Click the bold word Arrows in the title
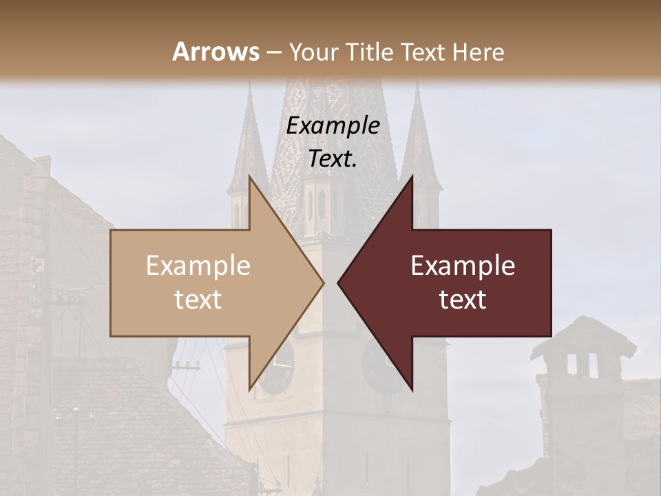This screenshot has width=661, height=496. tap(215, 52)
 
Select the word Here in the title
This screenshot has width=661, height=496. tap(479, 52)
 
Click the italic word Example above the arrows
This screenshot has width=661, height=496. tap(333, 126)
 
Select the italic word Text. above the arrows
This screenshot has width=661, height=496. tap(333, 159)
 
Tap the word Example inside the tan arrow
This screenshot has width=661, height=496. tap(198, 266)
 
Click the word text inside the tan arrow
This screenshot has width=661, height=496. tap(198, 300)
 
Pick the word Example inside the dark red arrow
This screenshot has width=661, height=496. tap(463, 266)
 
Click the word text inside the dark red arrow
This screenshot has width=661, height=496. tap(463, 300)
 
